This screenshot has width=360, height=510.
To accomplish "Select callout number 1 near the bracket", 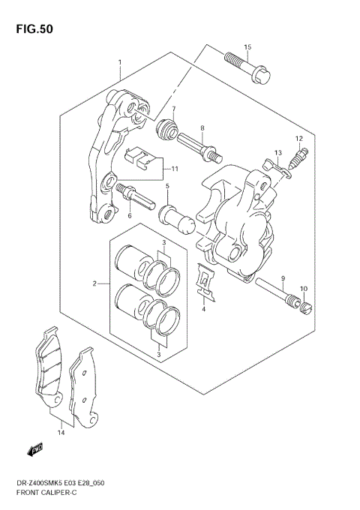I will click(119, 62).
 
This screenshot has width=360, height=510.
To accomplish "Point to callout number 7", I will click(173, 109).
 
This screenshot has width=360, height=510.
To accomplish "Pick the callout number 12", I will click(298, 139).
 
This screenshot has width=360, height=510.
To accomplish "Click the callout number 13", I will click(277, 153).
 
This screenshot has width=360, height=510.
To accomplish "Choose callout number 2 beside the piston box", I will click(95, 283).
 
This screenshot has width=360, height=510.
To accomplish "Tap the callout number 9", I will click(283, 278).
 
